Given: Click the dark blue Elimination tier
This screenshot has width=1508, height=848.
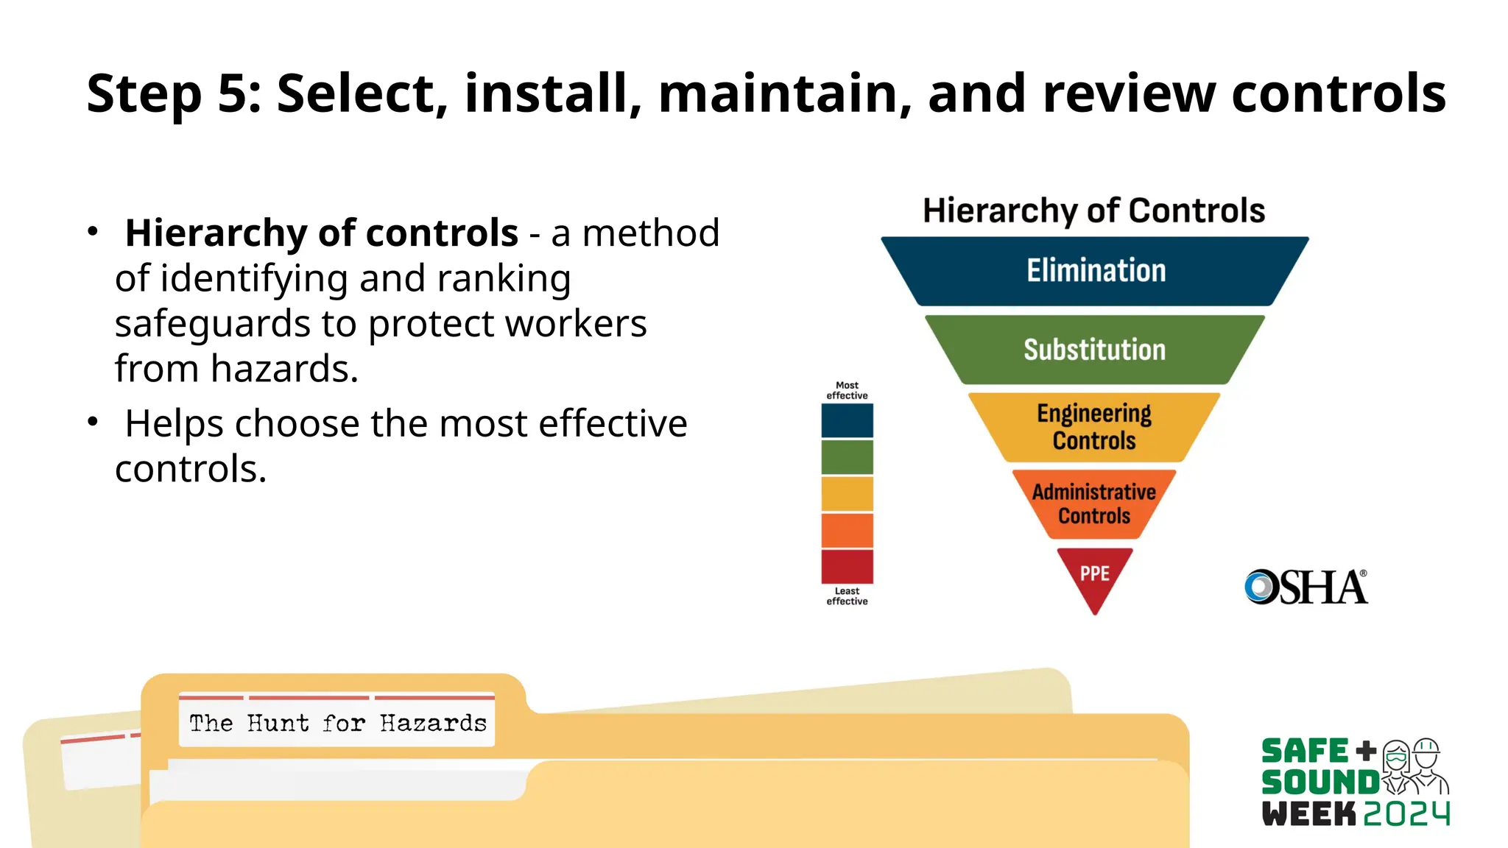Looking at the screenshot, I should tap(1095, 271).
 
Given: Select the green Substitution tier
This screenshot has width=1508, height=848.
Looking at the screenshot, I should tap(1095, 350).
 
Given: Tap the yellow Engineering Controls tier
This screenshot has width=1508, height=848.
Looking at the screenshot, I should tap(1094, 427).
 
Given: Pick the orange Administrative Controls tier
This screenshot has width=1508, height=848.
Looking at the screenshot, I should tap(1094, 504).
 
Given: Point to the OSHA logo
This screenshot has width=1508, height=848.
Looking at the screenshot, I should tap(1306, 587).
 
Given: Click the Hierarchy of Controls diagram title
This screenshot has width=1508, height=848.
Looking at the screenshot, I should tap(1094, 211).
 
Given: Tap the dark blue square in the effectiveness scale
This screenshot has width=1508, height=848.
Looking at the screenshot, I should tap(848, 420).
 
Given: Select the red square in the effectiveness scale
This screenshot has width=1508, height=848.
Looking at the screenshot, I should tap(848, 566).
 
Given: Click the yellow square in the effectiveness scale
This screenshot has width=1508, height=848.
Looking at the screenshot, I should tap(848, 493).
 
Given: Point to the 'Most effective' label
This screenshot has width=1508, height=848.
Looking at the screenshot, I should tap(848, 390).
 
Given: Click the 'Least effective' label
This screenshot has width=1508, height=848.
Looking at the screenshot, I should tap(848, 596).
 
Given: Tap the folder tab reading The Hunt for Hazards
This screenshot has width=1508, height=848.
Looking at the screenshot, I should tap(337, 723).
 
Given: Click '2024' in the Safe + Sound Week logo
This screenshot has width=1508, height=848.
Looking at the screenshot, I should tap(1406, 813).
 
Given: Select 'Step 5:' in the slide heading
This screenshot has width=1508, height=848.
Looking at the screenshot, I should tap(174, 94).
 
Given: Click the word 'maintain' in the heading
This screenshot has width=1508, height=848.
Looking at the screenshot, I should tap(785, 94).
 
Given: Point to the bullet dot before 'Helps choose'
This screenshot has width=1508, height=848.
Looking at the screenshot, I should tap(93, 422).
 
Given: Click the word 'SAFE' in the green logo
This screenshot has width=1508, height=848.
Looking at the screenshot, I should tap(1305, 752).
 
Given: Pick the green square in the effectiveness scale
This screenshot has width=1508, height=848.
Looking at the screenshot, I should tap(848, 457).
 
